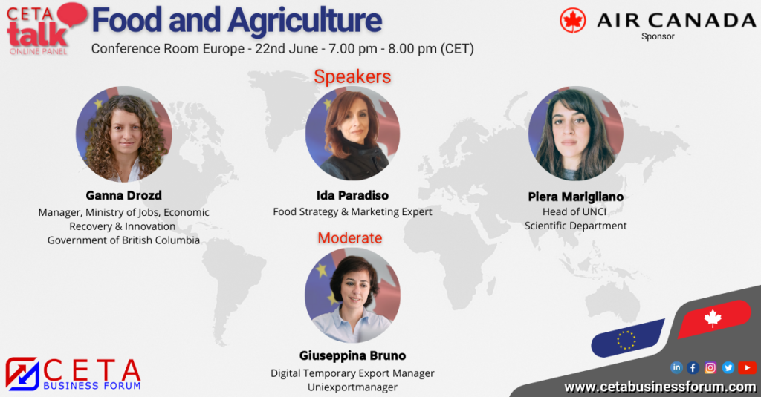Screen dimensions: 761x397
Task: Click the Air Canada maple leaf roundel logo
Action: click(573, 21)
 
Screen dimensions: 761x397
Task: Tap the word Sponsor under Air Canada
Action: click(658, 36)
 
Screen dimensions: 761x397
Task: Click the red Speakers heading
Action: click(352, 76)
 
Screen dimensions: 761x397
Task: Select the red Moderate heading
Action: click(350, 238)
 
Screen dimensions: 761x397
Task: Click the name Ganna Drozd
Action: click(124, 195)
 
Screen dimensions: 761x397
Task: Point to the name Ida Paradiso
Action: click(352, 195)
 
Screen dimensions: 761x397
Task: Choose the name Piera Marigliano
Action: click(576, 197)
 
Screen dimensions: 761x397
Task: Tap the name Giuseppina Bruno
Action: click(352, 355)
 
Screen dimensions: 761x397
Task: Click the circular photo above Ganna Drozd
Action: click(124, 134)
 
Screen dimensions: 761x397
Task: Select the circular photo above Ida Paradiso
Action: click(353, 134)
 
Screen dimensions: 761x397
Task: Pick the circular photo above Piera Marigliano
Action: click(576, 134)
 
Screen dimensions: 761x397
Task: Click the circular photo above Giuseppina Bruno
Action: click(353, 295)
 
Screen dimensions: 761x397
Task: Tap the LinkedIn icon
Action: click(676, 367)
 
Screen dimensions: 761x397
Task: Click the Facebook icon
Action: click(693, 368)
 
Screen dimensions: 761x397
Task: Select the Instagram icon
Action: click(710, 368)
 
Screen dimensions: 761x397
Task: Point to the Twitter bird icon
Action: click(728, 368)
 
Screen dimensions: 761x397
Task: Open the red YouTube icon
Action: click(748, 368)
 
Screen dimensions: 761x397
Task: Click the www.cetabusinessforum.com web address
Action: click(660, 387)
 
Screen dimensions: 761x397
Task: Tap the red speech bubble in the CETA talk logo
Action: click(73, 14)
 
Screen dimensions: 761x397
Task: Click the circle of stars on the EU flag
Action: click(626, 340)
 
